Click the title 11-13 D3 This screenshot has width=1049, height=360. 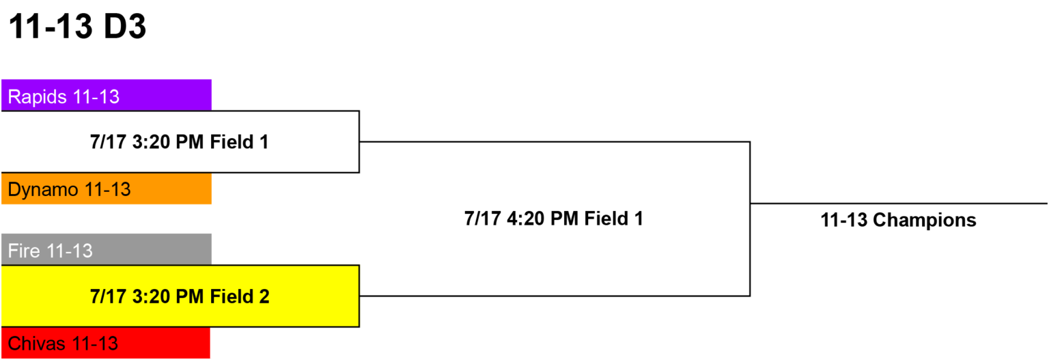pos(77,26)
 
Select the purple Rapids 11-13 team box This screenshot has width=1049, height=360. pos(107,95)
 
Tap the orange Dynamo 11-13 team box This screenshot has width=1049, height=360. pos(107,189)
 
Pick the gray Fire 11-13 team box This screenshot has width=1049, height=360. pos(107,249)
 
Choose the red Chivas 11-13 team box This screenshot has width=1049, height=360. pos(106,343)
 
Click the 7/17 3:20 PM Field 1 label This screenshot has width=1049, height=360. pos(180,142)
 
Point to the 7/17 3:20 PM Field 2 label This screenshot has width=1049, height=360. pos(180,296)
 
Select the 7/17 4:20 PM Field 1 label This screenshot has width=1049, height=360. pos(554,219)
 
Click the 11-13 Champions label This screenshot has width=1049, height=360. pos(898,220)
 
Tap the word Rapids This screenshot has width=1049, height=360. pos(38,97)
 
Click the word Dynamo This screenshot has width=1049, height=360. pos(43,190)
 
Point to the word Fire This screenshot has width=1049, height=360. pos(24,251)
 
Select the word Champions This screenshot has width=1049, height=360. pos(925,220)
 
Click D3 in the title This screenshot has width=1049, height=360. pos(125,26)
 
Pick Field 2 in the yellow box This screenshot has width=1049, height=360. pos(239,296)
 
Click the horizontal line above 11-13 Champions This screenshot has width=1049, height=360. pos(899,204)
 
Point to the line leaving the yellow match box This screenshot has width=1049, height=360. pos(555,296)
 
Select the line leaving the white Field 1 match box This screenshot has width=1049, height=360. pos(555,142)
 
